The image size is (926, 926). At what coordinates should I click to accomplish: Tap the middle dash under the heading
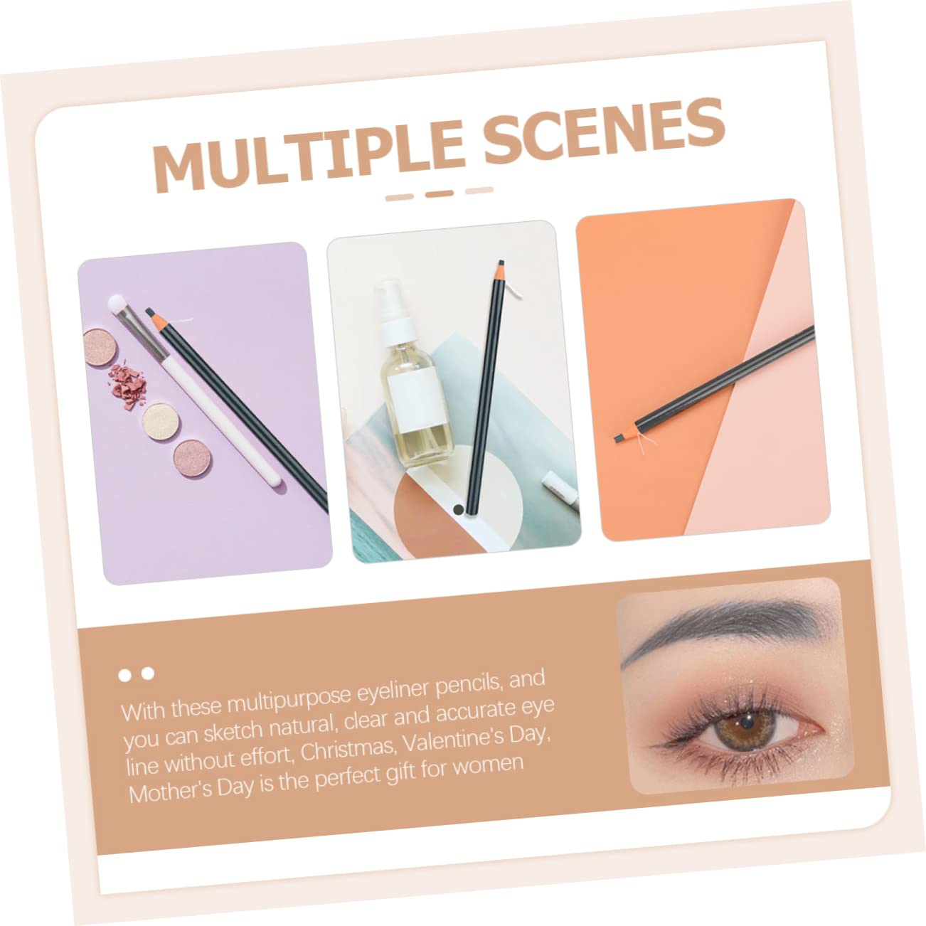(x=440, y=193)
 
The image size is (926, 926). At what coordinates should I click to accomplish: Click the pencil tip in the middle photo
(x=501, y=263)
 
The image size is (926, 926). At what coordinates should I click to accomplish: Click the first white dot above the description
(x=124, y=676)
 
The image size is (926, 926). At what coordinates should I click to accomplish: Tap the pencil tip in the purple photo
(x=150, y=312)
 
